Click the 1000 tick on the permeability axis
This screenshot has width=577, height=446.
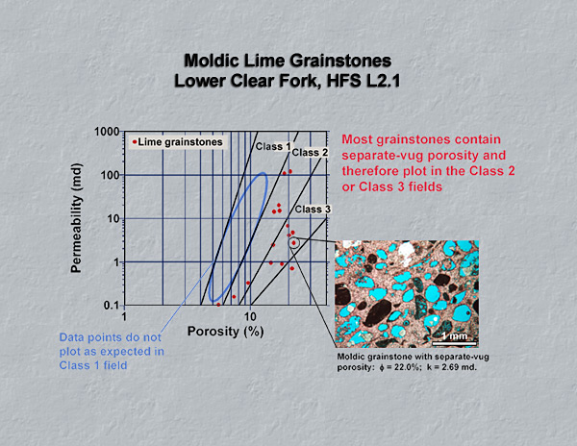[107, 132]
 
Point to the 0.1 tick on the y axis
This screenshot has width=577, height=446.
[112, 305]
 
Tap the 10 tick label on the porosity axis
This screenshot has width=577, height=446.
[250, 316]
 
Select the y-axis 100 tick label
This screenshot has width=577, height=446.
[110, 175]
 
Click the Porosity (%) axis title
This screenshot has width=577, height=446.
[225, 332]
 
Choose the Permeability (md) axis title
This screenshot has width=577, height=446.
[76, 218]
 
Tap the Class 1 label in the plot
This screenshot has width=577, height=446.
[273, 146]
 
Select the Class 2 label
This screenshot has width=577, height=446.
[310, 152]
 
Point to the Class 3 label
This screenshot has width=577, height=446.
[313, 210]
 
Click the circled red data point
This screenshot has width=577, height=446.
[293, 243]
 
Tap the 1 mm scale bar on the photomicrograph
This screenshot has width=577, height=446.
[455, 344]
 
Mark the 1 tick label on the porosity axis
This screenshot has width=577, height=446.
[124, 316]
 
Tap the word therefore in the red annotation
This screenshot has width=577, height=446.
[370, 171]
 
